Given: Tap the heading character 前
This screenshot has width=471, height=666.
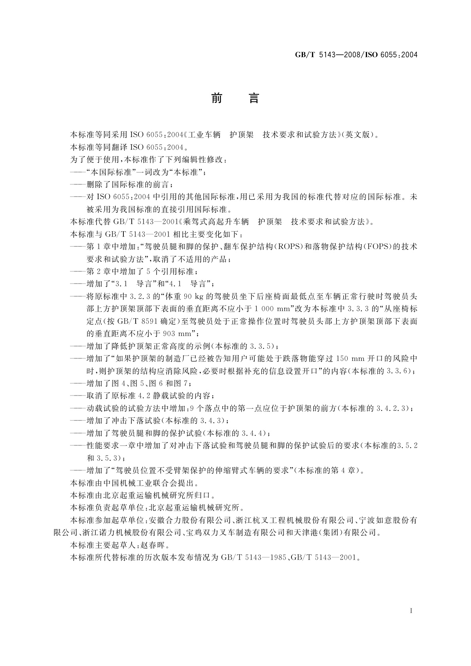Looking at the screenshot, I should coord(217,98).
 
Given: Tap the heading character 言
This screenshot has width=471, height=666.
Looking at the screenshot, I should coord(253,98).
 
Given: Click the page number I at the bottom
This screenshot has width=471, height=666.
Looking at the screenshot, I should coord(412,611).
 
